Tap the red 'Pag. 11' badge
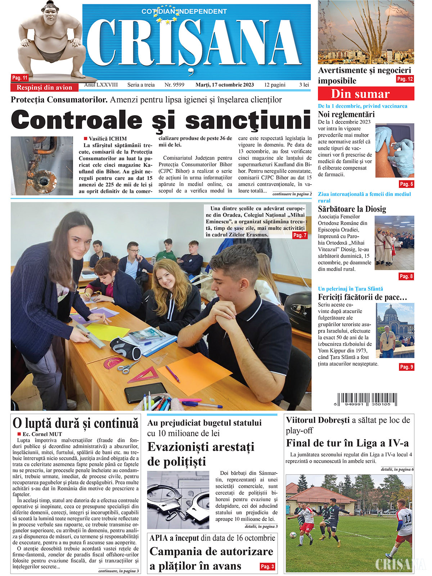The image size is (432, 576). tap(20, 78)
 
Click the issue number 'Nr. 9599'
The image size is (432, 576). tap(174, 85)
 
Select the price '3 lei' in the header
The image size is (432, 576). tap(304, 85)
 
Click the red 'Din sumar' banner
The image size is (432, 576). tap(366, 94)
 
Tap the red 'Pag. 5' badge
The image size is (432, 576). tap(406, 184)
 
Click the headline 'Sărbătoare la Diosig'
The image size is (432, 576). tap(352, 209)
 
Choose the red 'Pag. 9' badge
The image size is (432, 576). tap(406, 367)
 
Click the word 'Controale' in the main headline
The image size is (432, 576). tap(77, 120)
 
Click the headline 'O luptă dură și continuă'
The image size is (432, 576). tap(75, 423)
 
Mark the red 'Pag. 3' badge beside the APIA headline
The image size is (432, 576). tap(267, 566)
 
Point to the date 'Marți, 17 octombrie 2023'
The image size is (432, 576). tap(224, 85)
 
